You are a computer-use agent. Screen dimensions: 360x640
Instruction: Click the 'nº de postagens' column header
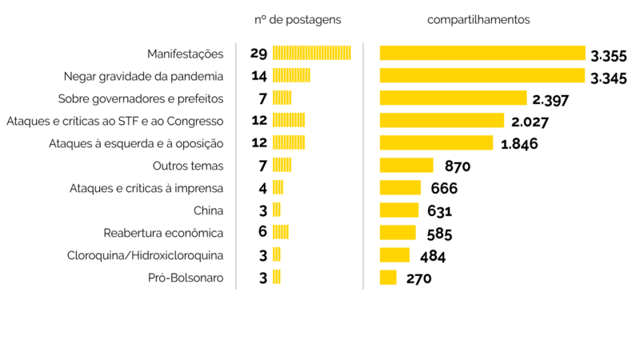pyautogui.click(x=297, y=19)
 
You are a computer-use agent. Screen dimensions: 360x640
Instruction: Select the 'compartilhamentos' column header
pyautogui.click(x=478, y=19)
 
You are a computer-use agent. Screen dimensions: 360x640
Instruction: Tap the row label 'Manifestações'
pyautogui.click(x=185, y=54)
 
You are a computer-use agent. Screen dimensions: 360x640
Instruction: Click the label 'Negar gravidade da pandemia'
pyautogui.click(x=143, y=76)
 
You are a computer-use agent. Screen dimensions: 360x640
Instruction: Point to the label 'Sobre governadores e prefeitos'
pyautogui.click(x=141, y=98)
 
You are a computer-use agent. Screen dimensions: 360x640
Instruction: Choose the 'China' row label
pyautogui.click(x=208, y=210)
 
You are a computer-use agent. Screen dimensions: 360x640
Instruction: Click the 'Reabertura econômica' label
pyautogui.click(x=163, y=233)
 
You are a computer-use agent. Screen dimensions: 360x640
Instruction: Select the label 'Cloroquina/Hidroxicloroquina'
pyautogui.click(x=145, y=255)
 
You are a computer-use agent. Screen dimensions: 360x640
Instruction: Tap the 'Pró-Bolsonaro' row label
pyautogui.click(x=186, y=278)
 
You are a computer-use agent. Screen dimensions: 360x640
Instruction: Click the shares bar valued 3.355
pyautogui.click(x=482, y=54)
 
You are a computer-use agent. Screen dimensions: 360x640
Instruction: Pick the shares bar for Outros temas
pyautogui.click(x=406, y=166)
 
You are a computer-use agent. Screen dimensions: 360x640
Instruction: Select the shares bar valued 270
pyautogui.click(x=388, y=278)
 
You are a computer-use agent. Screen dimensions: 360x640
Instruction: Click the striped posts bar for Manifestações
pyautogui.click(x=312, y=54)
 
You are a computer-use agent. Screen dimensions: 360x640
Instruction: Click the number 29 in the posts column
pyautogui.click(x=258, y=54)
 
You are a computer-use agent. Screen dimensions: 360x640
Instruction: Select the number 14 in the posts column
pyautogui.click(x=258, y=76)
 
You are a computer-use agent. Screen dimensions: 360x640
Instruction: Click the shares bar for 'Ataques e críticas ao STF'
pyautogui.click(x=442, y=121)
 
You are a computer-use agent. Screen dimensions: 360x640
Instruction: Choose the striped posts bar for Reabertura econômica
pyautogui.click(x=280, y=233)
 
